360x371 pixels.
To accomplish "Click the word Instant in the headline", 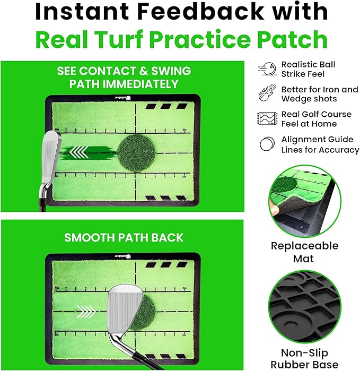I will click(x=92, y=12).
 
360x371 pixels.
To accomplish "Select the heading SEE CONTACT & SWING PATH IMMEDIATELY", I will click(x=124, y=78).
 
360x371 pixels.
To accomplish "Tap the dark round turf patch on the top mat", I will click(x=137, y=153).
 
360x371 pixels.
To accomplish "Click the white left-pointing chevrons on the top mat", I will click(x=80, y=154).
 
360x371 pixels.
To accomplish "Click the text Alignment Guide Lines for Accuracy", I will click(x=320, y=144).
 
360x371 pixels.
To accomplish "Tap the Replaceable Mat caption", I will click(x=304, y=252).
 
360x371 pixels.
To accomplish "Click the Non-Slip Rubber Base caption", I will click(x=304, y=358).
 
